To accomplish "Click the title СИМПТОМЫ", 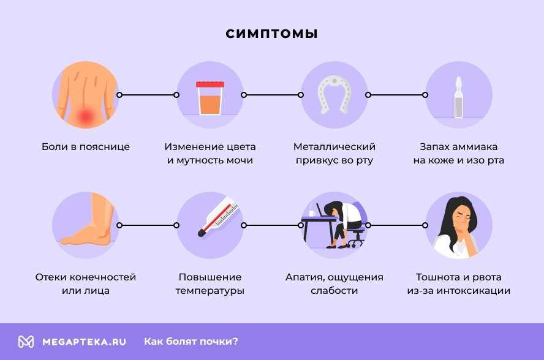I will (271, 34).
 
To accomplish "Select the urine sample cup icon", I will (210, 99).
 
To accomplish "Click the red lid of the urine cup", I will (210, 84).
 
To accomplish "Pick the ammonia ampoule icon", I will (458, 98).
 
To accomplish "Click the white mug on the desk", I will (312, 213).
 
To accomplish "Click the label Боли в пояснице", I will (86, 147).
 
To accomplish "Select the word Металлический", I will (334, 147).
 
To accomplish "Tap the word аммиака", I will (474, 147).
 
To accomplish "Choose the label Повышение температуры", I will (210, 284).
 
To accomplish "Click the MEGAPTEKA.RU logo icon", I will (26, 342).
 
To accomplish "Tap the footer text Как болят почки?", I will (191, 342).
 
